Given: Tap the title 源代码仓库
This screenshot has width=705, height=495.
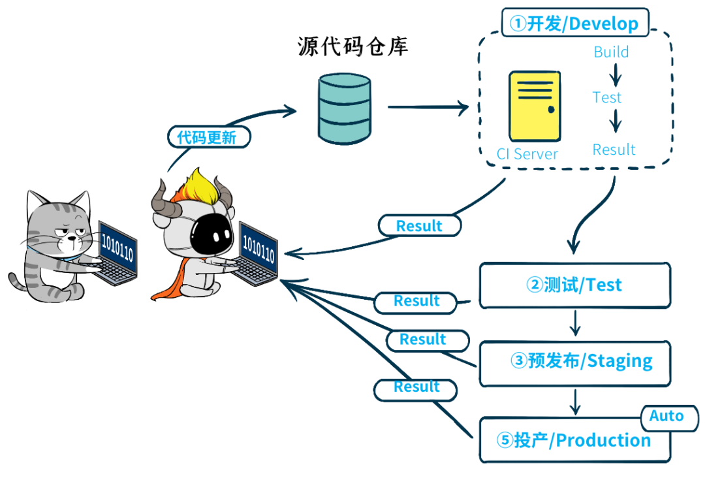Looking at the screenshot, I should click(x=353, y=47).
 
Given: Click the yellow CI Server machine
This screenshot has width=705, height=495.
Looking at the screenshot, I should click(x=535, y=106).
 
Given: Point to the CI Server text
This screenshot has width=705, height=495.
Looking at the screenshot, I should click(x=527, y=154).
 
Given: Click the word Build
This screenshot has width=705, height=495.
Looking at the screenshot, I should click(x=611, y=52).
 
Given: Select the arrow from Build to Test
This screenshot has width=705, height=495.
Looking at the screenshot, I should click(x=615, y=75).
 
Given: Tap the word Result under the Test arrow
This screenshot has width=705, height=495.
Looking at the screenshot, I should click(x=614, y=150).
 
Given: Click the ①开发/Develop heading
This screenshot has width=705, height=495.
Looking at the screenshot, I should click(x=574, y=24).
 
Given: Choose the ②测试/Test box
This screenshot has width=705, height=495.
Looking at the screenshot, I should click(x=574, y=285).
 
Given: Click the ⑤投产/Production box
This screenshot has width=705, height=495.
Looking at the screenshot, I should click(x=574, y=441).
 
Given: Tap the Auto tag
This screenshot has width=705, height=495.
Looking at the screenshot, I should click(x=666, y=417).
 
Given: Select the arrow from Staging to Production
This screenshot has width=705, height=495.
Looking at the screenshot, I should click(x=574, y=401).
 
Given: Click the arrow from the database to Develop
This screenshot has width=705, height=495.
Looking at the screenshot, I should click(x=428, y=107).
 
